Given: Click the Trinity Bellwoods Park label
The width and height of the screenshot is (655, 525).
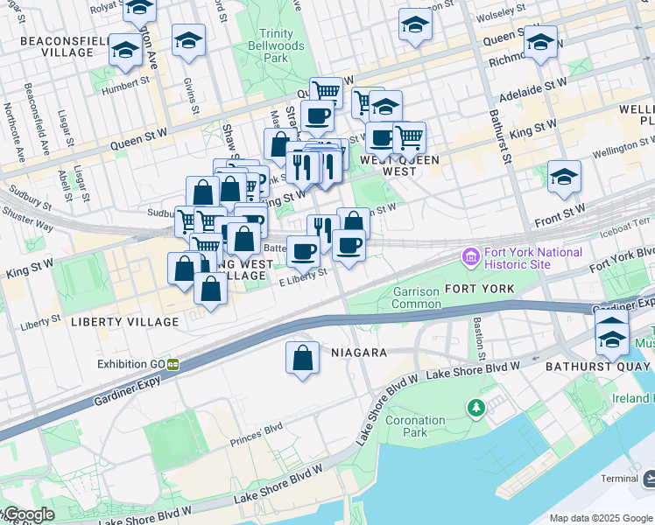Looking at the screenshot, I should pos(276,45).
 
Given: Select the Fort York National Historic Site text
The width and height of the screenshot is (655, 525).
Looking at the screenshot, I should pos(532,258).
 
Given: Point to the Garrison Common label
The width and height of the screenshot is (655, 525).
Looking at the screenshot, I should pos(416,297).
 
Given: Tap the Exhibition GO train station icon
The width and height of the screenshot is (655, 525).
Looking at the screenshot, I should pos(173,363).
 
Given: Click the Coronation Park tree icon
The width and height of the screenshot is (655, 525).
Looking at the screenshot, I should pos(476,408).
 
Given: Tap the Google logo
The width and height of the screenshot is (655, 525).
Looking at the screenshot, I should pos(28,514).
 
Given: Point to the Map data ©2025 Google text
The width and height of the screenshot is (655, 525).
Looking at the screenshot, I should pos(600,518).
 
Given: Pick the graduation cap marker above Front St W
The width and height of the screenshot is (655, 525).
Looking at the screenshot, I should pos(565,177).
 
